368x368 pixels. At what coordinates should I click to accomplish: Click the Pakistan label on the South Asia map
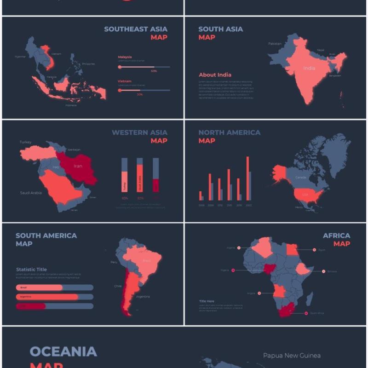tap(275, 44)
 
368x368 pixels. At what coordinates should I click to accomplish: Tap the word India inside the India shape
tap(309, 68)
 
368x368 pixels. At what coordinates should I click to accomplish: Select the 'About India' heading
tap(215, 75)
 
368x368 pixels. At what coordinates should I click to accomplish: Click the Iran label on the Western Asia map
tap(78, 166)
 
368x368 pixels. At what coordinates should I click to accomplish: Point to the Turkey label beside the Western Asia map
tap(26, 142)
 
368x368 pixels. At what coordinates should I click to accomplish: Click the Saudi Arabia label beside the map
tap(31, 193)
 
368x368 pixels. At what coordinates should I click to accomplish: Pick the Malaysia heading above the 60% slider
tap(125, 57)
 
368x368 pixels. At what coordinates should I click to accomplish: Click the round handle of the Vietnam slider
tap(120, 90)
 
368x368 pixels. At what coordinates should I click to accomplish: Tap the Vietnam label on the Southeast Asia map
tap(56, 54)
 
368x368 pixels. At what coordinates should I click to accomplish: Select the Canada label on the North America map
tap(300, 177)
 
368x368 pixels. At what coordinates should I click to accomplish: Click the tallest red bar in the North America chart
tap(247, 179)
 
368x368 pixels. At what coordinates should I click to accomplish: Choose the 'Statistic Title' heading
tap(31, 270)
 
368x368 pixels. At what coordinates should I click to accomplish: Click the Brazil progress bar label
tap(23, 287)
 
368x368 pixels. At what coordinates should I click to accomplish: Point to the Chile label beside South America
tap(118, 286)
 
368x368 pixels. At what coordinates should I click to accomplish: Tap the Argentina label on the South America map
tap(143, 297)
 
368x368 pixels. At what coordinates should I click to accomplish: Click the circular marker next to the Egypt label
tap(314, 250)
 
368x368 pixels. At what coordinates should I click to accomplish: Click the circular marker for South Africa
tap(305, 313)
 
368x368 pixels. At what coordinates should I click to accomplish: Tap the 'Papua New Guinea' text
tap(292, 355)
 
